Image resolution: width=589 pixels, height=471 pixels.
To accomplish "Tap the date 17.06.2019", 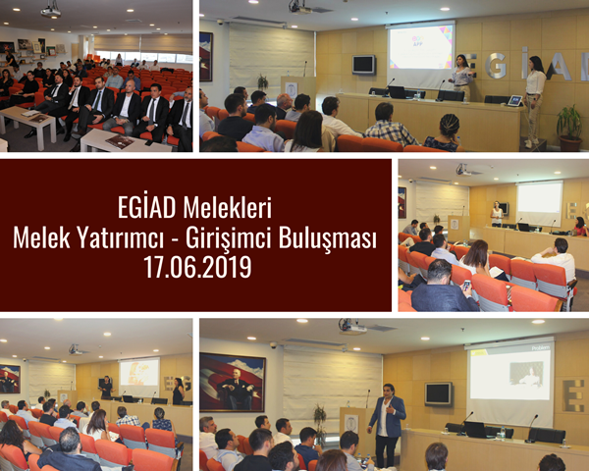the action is (197, 267).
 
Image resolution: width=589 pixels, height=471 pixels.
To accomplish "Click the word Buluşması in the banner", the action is (328, 238).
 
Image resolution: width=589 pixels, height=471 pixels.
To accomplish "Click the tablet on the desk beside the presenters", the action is (514, 101).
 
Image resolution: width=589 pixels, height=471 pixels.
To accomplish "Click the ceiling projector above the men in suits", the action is (51, 11).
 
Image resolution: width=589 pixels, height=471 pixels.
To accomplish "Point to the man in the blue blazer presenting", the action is (387, 425).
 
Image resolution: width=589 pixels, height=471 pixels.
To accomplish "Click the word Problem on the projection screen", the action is (541, 347).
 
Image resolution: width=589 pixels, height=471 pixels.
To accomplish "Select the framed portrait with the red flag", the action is (233, 383).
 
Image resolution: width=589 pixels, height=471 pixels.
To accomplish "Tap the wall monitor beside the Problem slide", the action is (438, 393).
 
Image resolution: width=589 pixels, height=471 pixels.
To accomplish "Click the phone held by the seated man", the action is (466, 286).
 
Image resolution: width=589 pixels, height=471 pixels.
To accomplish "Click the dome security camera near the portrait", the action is (273, 344).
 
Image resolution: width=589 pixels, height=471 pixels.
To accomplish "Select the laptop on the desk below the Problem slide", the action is (476, 430).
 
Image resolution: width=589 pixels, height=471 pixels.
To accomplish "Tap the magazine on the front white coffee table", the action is (120, 141).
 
